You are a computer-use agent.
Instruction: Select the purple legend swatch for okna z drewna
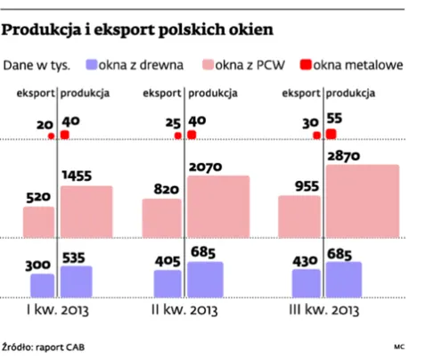pyautogui.click(x=92, y=64)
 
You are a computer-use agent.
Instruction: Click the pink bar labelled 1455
pyautogui.click(x=86, y=211)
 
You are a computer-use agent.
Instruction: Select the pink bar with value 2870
pyautogui.click(x=356, y=201)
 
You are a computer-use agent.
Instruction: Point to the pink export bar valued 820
pyautogui.click(x=161, y=218)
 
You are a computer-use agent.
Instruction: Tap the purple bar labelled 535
pyautogui.click(x=76, y=281)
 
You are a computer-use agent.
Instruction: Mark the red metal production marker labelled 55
pyautogui.click(x=332, y=134)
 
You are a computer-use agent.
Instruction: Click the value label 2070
pyautogui.click(x=203, y=167)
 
